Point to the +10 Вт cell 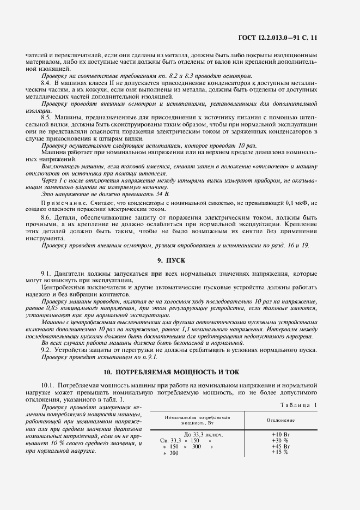[280, 434]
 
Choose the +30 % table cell [279, 440]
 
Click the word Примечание [62, 203]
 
